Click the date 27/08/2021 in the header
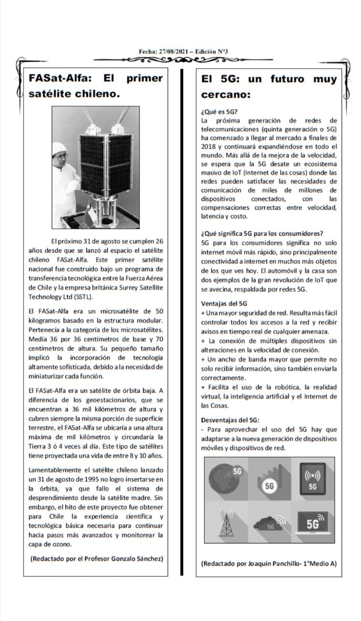click(169, 51)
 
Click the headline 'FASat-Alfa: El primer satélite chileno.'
click(95, 85)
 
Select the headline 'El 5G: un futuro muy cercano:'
click(268, 85)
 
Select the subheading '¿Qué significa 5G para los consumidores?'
click(262, 233)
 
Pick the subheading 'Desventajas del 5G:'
click(230, 420)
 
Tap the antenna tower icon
click(226, 523)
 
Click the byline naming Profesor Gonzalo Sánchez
click(96, 558)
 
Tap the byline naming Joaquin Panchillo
click(268, 563)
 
